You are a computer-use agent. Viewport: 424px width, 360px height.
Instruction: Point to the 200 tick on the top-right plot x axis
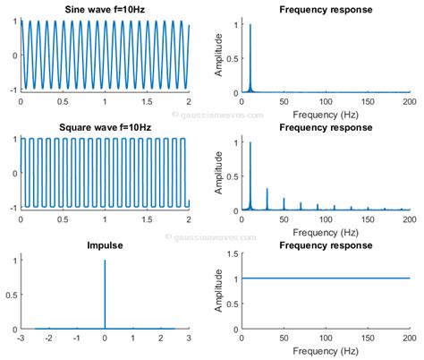coord(409,103)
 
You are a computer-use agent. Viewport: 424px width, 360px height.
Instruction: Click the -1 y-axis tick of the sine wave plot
coord(13,91)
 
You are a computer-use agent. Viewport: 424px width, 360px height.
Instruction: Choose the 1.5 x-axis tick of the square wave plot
coord(147,221)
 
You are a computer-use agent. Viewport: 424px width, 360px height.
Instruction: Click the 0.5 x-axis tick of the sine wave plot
coord(63,103)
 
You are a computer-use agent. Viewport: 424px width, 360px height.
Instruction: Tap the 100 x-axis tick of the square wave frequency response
coord(326,221)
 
